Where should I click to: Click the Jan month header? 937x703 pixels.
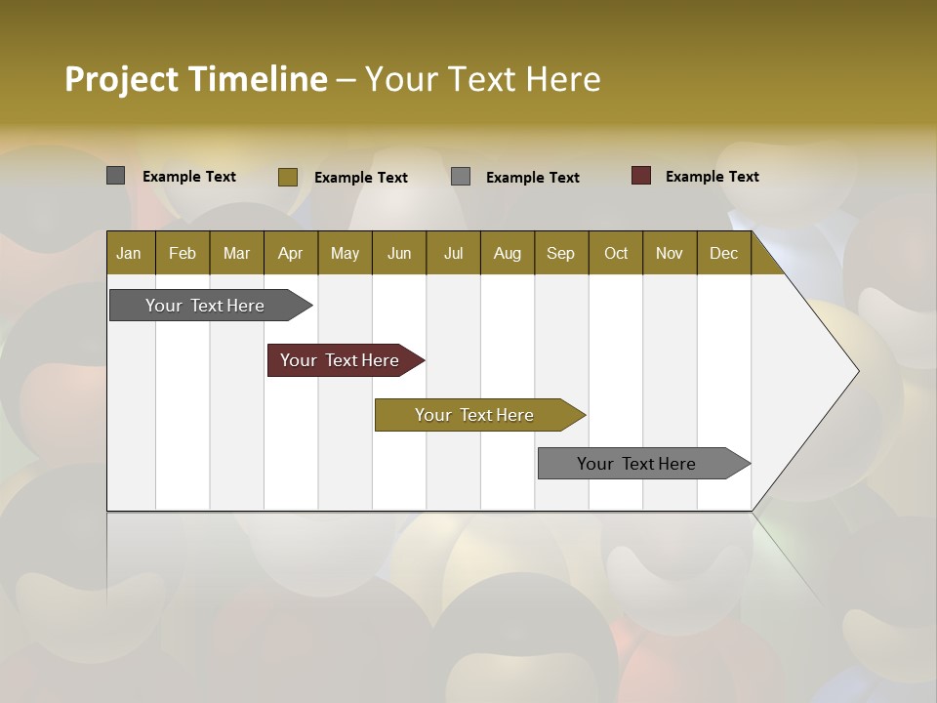(x=130, y=253)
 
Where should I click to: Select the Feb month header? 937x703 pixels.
(x=183, y=253)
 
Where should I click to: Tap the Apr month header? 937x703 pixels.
(x=291, y=253)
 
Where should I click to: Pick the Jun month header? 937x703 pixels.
(x=399, y=253)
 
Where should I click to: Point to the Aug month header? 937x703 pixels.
(x=508, y=253)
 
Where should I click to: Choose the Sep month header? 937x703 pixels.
(x=561, y=253)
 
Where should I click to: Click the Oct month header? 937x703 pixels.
(x=616, y=253)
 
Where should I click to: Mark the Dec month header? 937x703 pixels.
(x=724, y=253)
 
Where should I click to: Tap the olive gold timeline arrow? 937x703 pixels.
(x=475, y=415)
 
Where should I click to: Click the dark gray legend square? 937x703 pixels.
(x=116, y=176)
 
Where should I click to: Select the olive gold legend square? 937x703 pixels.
(x=288, y=177)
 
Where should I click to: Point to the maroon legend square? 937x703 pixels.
(x=641, y=176)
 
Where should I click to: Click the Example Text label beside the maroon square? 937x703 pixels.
(x=712, y=177)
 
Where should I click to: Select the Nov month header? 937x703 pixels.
(x=670, y=253)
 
